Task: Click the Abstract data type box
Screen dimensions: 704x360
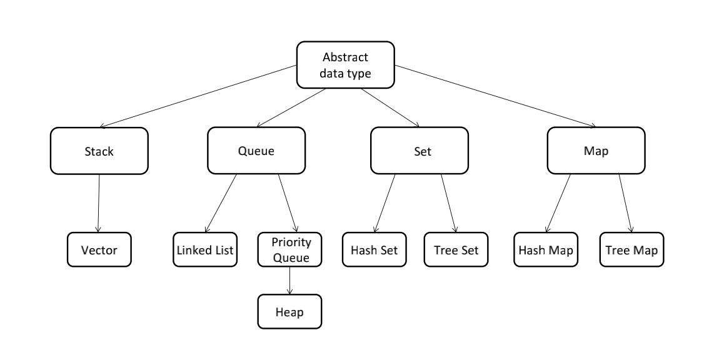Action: pyautogui.click(x=346, y=65)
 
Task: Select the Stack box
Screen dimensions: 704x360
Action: pyautogui.click(x=99, y=151)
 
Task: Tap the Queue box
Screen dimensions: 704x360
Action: pyautogui.click(x=256, y=151)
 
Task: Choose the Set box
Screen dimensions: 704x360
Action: pyautogui.click(x=420, y=151)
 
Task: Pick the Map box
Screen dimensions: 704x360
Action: pyautogui.click(x=596, y=151)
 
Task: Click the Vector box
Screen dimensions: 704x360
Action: pyautogui.click(x=99, y=249)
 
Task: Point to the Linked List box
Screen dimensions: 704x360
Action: pyautogui.click(x=205, y=249)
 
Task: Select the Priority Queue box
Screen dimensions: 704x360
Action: pyautogui.click(x=289, y=249)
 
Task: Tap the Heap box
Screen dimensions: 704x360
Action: pyautogui.click(x=289, y=311)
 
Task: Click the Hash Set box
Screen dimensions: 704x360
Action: pyautogui.click(x=375, y=249)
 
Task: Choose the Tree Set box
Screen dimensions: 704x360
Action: pyautogui.click(x=456, y=249)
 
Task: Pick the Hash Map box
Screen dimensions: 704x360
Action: pyautogui.click(x=546, y=249)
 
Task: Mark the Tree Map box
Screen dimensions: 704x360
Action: pyautogui.click(x=631, y=249)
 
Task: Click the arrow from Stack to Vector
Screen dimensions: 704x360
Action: pyautogui.click(x=99, y=203)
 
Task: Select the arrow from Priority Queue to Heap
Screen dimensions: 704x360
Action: pyautogui.click(x=289, y=281)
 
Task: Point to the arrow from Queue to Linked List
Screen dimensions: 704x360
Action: pyautogui.click(x=221, y=203)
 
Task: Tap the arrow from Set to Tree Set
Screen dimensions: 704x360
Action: pyautogui.click(x=448, y=203)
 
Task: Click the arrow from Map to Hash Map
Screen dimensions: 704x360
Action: pyautogui.click(x=558, y=203)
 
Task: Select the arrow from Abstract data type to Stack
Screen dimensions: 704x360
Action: pyautogui.click(x=198, y=96)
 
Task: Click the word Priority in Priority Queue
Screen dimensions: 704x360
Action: pyautogui.click(x=291, y=242)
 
